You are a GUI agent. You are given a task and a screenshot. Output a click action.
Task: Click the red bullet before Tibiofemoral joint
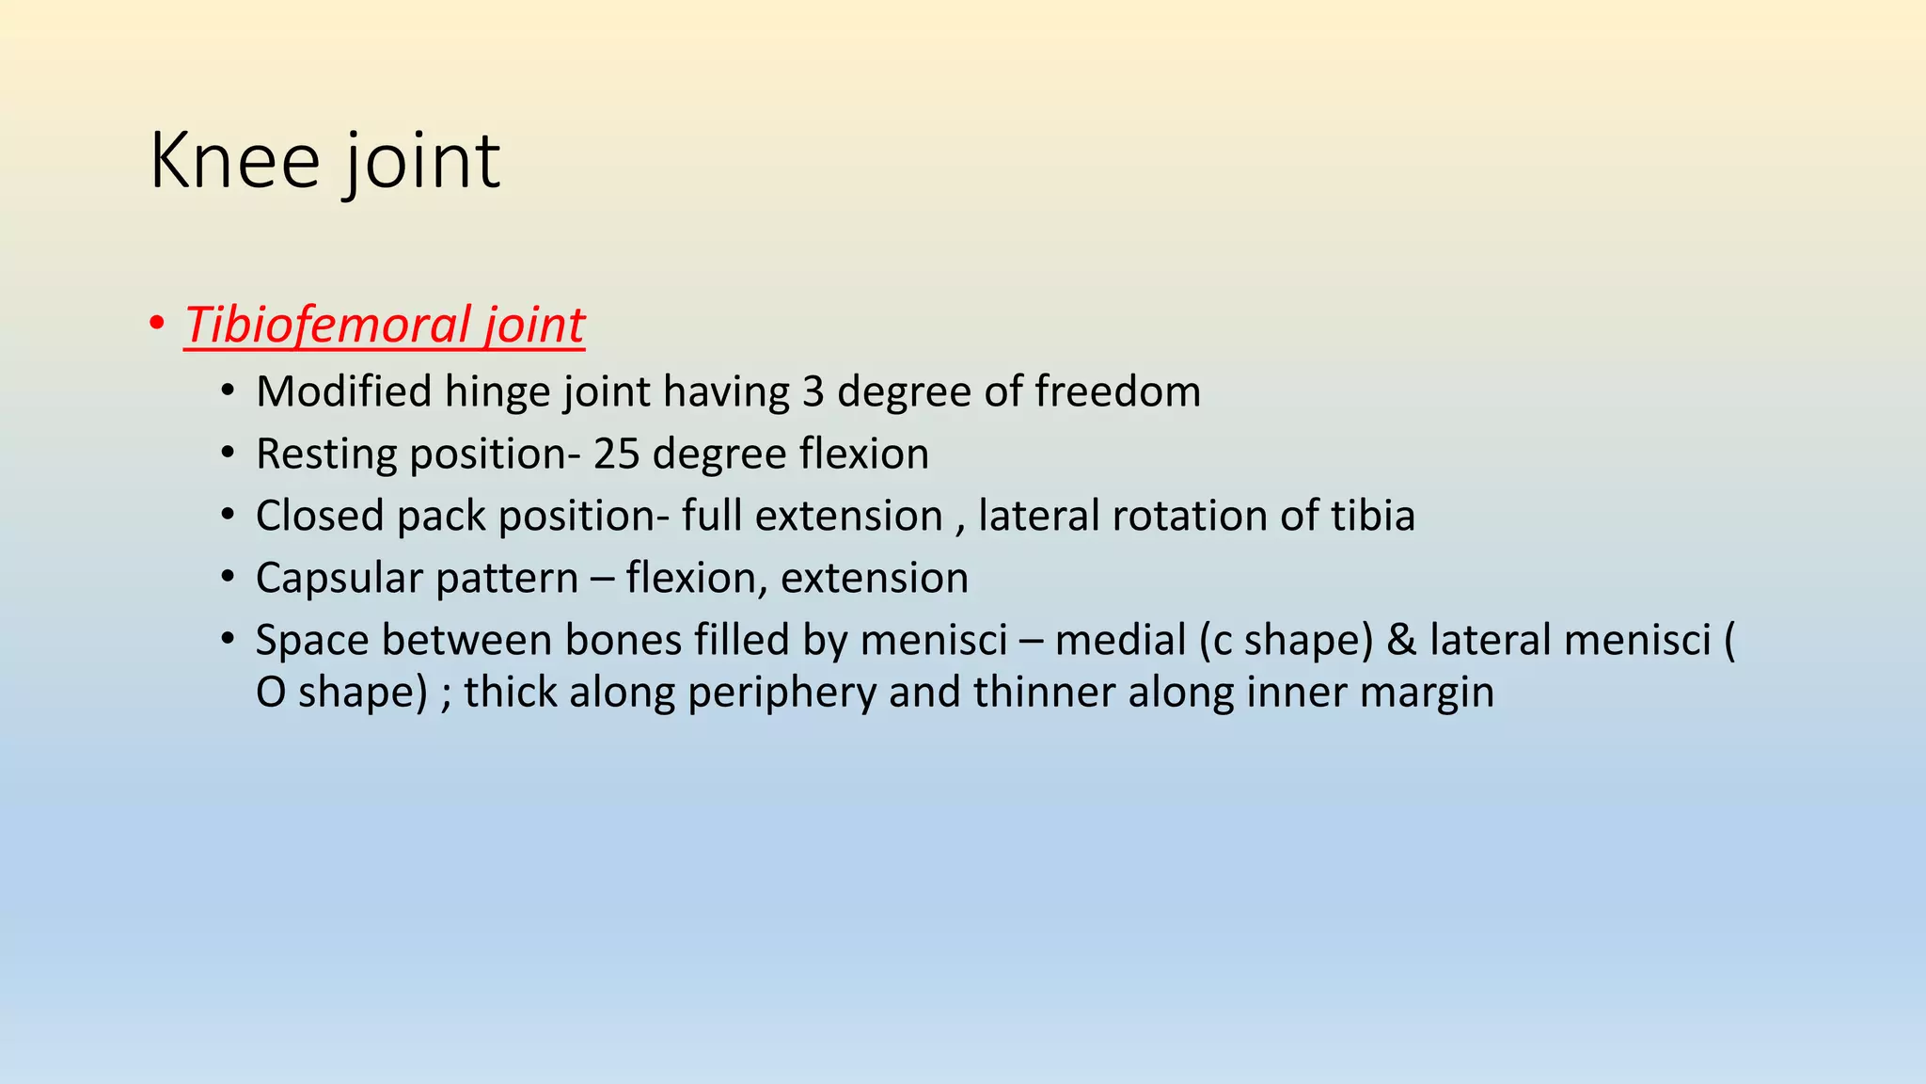[156, 325]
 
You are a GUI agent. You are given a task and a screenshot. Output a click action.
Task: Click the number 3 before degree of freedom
[813, 391]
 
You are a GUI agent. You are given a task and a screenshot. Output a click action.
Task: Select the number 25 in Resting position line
[616, 454]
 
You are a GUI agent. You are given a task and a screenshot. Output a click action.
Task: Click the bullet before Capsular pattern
[228, 577]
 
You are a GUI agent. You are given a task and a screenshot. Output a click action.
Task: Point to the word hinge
[497, 391]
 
